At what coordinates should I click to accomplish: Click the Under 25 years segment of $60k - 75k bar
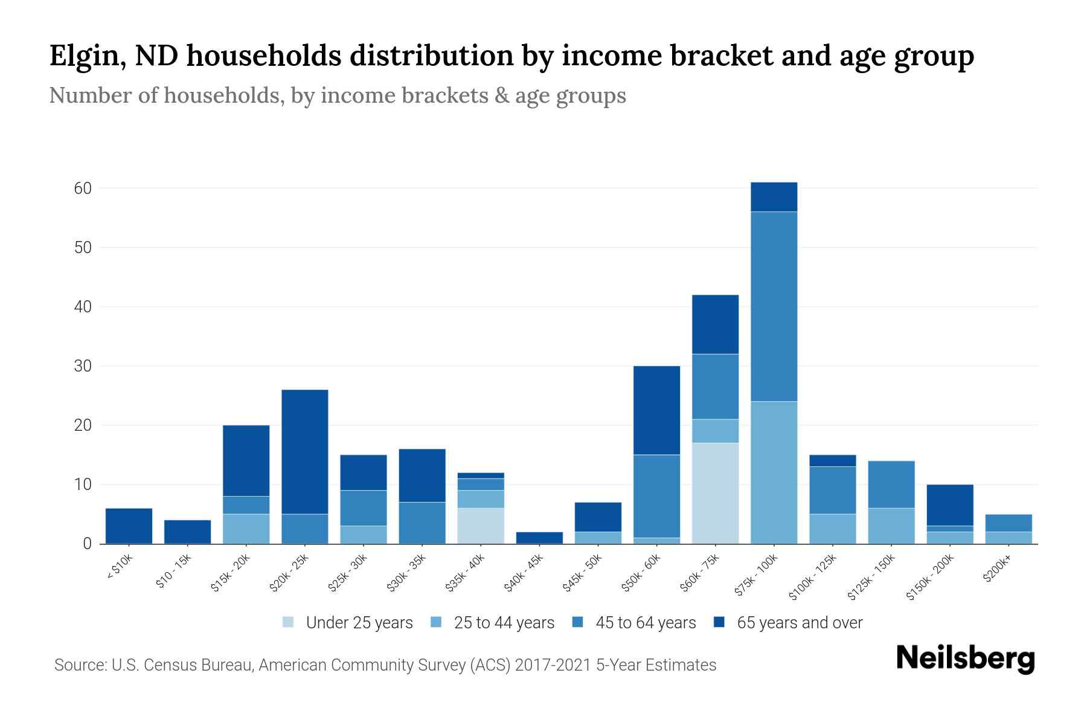[x=715, y=493]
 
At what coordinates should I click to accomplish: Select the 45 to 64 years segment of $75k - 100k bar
[x=774, y=306]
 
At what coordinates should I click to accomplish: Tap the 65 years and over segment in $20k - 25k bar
[x=305, y=452]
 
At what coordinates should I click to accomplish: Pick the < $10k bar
[x=129, y=526]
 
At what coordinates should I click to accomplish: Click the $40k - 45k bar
[x=539, y=538]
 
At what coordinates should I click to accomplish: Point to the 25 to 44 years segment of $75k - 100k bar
[x=774, y=472]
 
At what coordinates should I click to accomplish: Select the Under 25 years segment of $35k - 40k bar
[x=481, y=526]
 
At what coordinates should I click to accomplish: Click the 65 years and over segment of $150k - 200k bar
[x=949, y=505]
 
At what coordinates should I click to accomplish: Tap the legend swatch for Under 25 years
[x=289, y=622]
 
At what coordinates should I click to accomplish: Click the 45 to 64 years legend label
[x=645, y=623]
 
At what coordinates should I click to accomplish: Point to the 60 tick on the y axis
[x=83, y=188]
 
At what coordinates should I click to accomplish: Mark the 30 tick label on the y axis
[x=83, y=366]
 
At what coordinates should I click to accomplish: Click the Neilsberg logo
[x=965, y=659]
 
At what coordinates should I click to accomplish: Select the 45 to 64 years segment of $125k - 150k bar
[x=891, y=485]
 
